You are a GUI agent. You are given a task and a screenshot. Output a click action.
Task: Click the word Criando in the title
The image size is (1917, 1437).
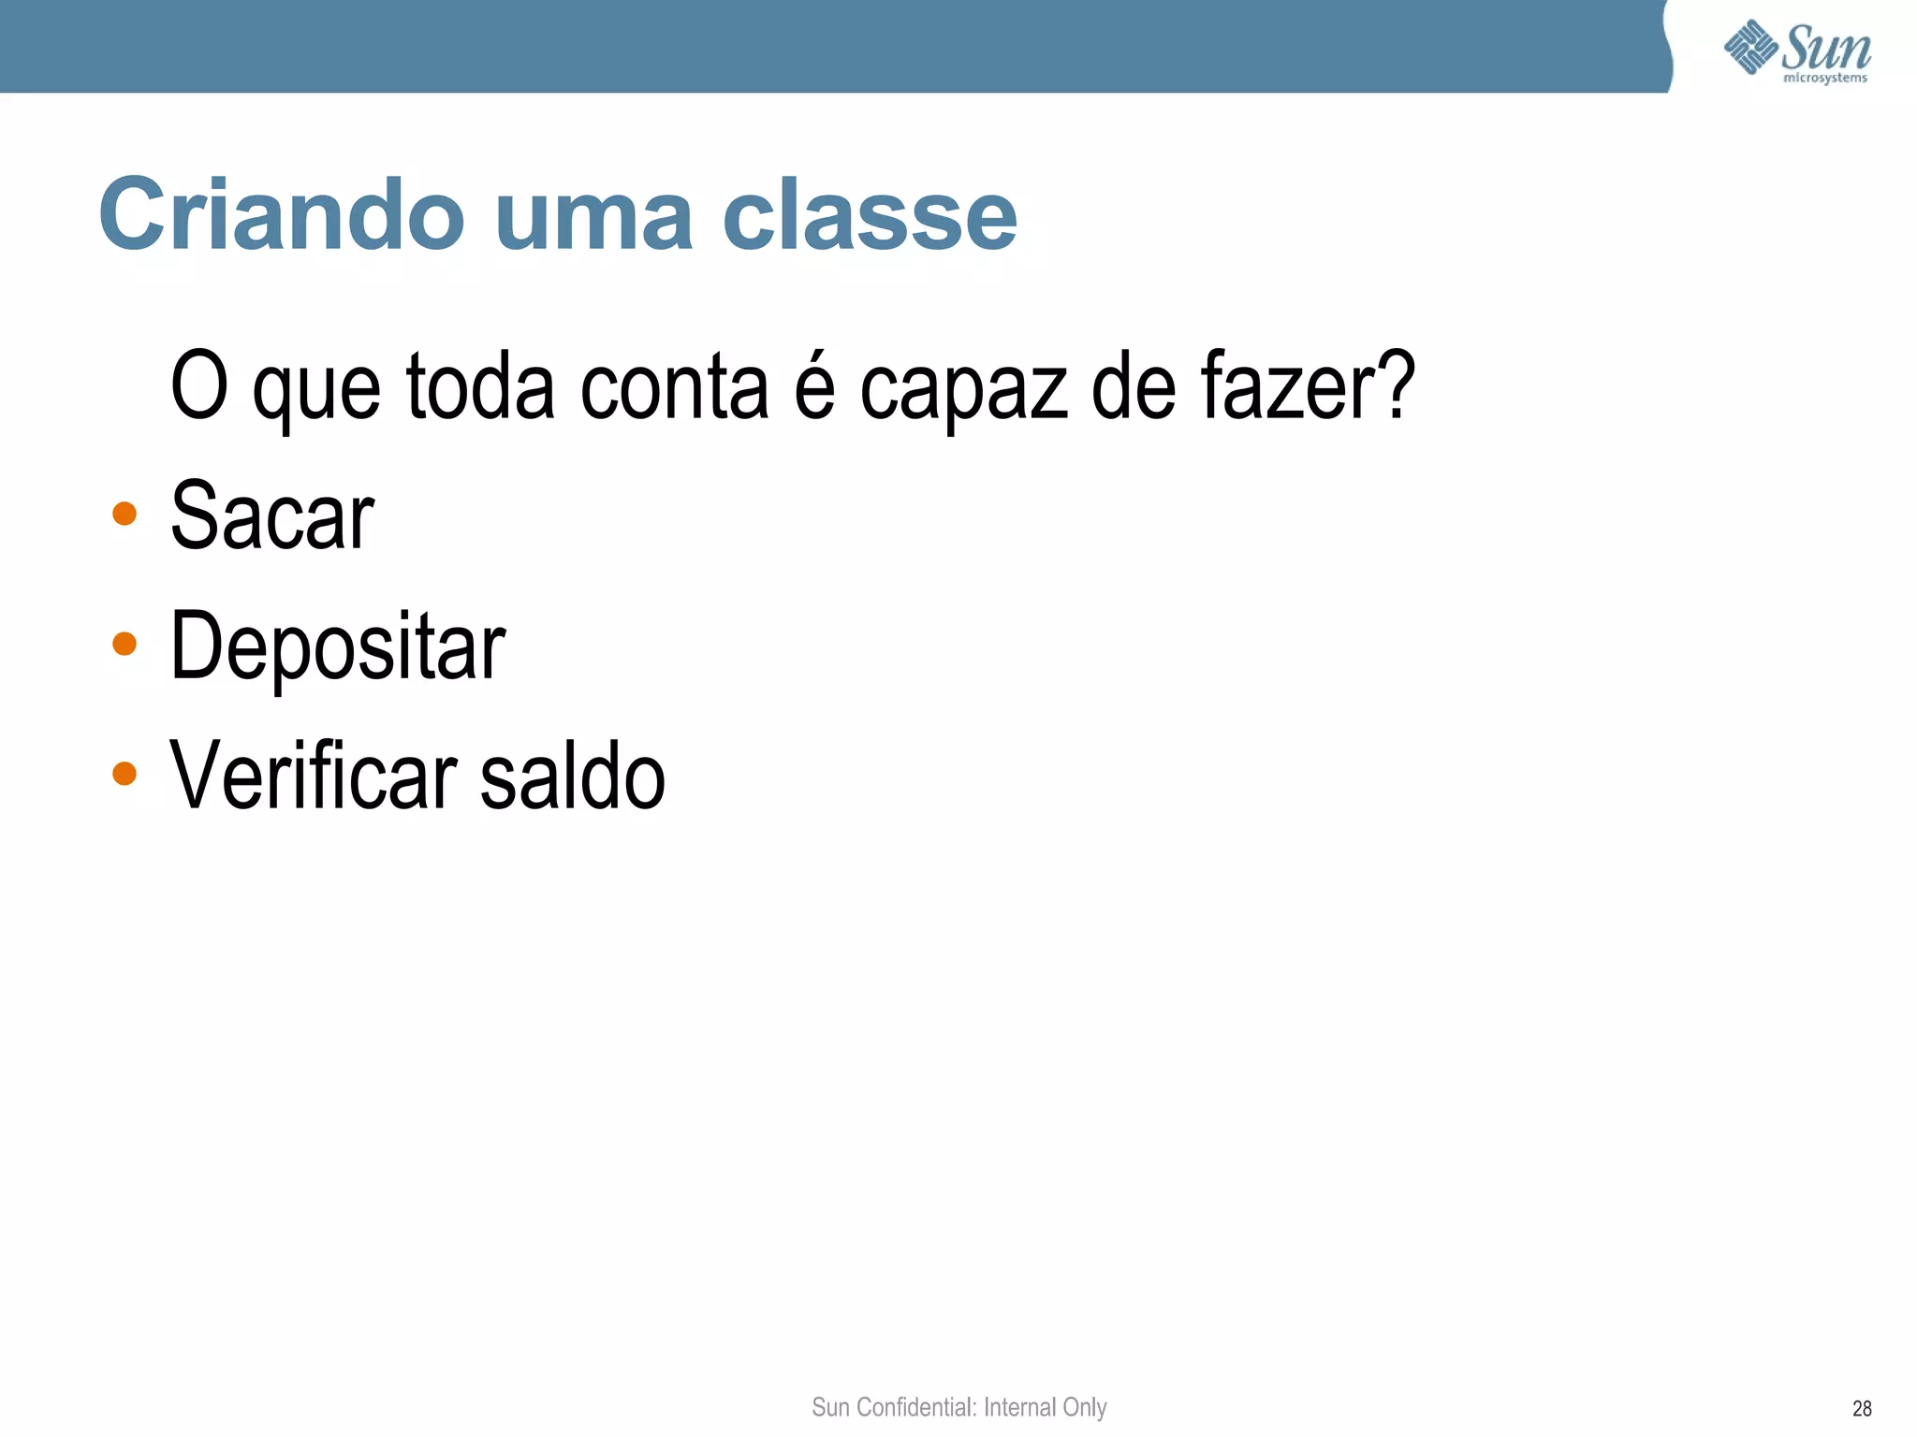[282, 215]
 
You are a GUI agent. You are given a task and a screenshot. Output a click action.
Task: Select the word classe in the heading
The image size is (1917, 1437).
[870, 215]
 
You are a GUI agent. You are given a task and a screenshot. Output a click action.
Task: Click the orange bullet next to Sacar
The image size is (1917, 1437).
[124, 514]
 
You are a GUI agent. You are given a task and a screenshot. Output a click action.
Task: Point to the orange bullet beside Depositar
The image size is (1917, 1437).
[124, 644]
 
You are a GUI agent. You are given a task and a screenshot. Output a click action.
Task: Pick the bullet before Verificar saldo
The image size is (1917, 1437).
[124, 774]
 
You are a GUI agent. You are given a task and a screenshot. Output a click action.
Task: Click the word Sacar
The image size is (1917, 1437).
[272, 515]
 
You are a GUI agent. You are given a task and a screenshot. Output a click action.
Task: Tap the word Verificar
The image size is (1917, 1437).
[314, 776]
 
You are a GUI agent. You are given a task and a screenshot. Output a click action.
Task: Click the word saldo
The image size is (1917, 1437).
[572, 776]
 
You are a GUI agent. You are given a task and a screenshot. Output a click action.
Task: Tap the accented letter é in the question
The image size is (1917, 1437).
[814, 385]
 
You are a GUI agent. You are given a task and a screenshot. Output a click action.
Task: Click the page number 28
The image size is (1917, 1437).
[1862, 1408]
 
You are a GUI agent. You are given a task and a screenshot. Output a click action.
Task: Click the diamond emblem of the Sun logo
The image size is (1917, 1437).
[1750, 47]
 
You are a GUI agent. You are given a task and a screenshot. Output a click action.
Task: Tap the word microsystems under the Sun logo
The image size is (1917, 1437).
[1825, 78]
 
